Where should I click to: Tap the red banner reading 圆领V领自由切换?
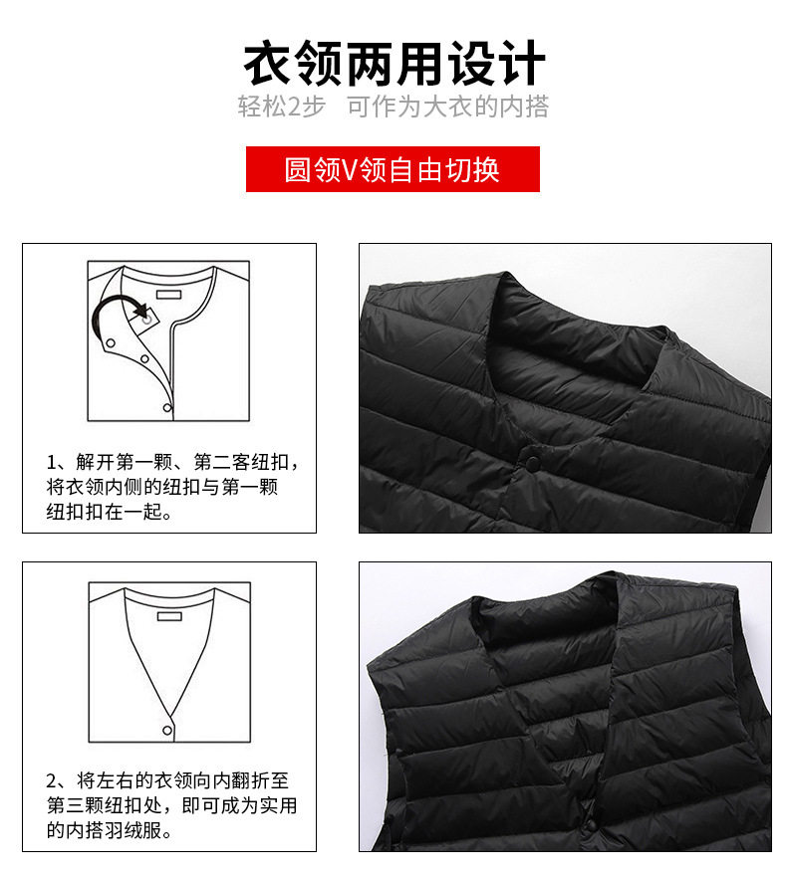coord(393,169)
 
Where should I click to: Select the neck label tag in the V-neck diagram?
coord(168,617)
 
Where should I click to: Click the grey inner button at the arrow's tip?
coord(146,318)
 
